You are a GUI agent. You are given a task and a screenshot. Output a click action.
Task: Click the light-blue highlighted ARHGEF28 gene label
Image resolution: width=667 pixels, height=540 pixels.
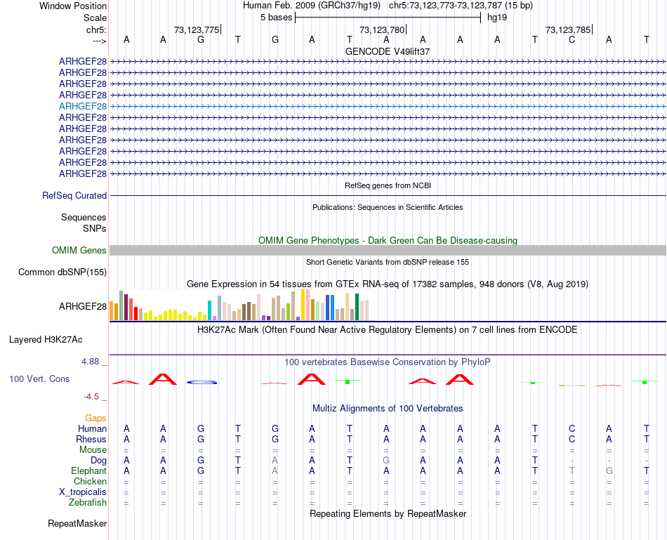point(83,106)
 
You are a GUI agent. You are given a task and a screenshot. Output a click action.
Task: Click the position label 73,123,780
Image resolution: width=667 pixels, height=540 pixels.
point(382,29)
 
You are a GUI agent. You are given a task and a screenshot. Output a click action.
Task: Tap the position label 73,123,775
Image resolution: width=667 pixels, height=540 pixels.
point(197,29)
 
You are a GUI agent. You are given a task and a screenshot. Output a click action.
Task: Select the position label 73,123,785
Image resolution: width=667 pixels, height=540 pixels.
point(568,29)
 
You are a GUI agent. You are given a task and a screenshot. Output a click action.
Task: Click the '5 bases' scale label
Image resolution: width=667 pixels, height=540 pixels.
point(276,17)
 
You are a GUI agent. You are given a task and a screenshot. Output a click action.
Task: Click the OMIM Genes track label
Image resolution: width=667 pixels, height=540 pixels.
point(79,250)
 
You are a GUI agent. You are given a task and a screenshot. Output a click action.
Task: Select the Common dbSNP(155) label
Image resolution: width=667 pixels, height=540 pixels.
point(62,272)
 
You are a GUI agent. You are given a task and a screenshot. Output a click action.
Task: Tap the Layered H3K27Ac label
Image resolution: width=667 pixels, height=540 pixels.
point(46,339)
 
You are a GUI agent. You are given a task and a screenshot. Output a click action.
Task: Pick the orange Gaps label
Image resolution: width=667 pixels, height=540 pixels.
point(95,418)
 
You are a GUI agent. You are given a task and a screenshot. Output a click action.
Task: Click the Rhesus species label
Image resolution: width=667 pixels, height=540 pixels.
point(91,439)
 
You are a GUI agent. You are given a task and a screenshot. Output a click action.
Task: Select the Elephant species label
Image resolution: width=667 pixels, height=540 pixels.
point(88,470)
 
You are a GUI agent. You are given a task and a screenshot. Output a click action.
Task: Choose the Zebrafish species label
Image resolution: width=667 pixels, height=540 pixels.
point(88,502)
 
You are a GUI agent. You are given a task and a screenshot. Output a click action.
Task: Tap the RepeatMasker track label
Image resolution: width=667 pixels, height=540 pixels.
point(77,523)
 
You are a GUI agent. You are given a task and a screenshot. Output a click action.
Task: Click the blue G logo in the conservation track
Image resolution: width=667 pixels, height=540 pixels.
point(202,382)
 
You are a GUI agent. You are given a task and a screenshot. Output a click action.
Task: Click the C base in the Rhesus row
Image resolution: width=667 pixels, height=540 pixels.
point(572,439)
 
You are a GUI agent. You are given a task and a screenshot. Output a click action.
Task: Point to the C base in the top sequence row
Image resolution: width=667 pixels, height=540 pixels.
point(572,39)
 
